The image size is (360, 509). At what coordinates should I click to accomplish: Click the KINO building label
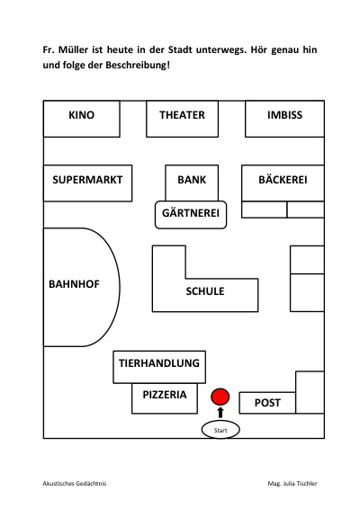[x=81, y=115]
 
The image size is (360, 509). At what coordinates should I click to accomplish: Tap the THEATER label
[x=182, y=115]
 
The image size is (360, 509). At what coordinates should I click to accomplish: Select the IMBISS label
[x=284, y=115]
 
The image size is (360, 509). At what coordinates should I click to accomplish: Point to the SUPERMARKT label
[x=87, y=180]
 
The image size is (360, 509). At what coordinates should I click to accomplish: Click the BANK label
[x=192, y=180]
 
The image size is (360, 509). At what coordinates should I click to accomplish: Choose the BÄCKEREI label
[x=283, y=179]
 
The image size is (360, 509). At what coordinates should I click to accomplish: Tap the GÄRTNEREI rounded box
[x=191, y=215]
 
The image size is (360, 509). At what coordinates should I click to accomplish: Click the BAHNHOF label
[x=74, y=284]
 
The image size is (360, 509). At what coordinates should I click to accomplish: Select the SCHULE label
[x=205, y=291]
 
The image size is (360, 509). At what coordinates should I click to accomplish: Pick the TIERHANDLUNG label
[x=159, y=363]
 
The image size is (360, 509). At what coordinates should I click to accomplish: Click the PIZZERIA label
[x=165, y=395]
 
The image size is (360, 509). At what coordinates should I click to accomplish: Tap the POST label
[x=267, y=403]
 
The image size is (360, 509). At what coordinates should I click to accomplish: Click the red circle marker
[x=220, y=397]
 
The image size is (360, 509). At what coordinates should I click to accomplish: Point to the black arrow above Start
[x=220, y=412]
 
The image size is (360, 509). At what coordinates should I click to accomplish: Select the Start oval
[x=220, y=430]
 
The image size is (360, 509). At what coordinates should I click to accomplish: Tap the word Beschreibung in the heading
[x=138, y=65]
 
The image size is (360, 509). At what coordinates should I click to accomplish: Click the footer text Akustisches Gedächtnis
[x=75, y=483]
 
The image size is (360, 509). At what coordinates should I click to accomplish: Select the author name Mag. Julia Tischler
[x=292, y=483]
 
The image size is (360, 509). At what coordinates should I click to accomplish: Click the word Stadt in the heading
[x=180, y=49]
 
